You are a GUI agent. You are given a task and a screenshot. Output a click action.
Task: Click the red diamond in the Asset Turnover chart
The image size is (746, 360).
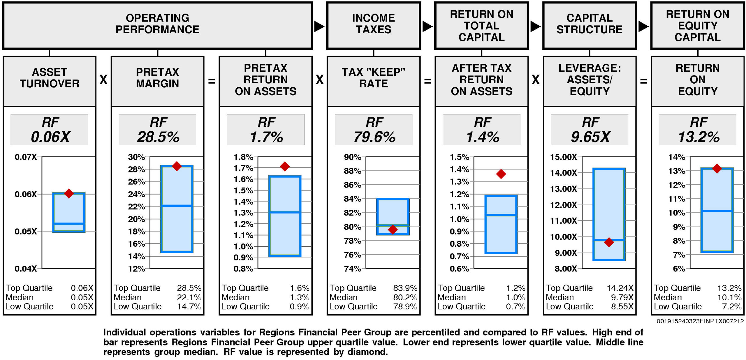click(x=69, y=193)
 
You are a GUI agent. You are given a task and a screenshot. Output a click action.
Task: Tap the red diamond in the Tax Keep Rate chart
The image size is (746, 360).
click(x=393, y=230)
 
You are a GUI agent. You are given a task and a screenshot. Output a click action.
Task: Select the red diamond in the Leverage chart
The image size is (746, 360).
click(x=609, y=242)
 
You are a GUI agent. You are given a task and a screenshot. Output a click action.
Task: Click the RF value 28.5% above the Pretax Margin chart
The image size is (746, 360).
click(x=158, y=137)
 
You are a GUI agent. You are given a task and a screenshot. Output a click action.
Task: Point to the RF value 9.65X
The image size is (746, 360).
click(x=590, y=137)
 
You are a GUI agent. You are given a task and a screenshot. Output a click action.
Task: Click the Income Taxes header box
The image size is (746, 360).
click(x=373, y=26)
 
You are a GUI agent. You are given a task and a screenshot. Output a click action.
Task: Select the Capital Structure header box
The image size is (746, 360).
click(x=589, y=26)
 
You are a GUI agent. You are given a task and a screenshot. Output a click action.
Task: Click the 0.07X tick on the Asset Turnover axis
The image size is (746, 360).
click(x=26, y=157)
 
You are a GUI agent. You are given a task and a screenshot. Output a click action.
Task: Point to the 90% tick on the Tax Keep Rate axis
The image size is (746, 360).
click(x=353, y=157)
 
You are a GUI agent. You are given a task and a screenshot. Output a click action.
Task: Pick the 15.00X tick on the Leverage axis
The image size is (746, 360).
click(x=564, y=157)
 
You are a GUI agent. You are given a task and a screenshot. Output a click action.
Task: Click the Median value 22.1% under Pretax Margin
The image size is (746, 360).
click(x=189, y=297)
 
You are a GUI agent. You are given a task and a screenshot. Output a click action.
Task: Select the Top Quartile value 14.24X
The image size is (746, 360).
click(x=620, y=288)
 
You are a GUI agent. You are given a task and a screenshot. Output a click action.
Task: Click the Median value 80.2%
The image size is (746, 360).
click(x=405, y=297)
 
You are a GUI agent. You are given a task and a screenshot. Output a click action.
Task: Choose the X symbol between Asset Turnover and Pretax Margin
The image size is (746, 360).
click(x=103, y=80)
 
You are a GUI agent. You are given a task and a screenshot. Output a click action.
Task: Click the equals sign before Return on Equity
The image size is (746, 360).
click(x=643, y=81)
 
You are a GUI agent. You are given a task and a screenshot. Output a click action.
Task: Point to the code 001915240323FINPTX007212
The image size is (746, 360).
click(x=700, y=321)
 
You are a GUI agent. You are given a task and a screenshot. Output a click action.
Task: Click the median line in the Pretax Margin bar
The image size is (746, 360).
click(x=177, y=206)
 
